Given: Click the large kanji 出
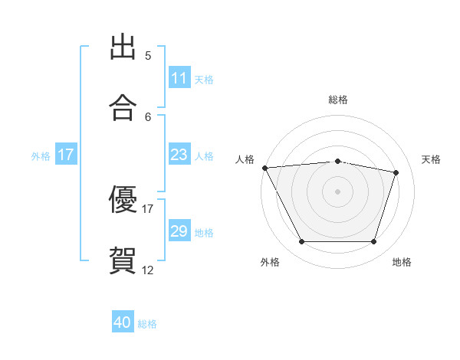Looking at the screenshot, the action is click(123, 47).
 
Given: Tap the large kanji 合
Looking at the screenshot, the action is click(123, 107).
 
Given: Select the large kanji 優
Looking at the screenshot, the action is click(123, 199).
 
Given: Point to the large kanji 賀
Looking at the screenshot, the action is click(123, 260).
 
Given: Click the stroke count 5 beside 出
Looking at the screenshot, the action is click(148, 56).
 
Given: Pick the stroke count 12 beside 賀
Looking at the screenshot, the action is click(147, 270).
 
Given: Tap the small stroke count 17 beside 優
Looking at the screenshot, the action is click(147, 209).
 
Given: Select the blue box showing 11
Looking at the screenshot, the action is click(179, 77).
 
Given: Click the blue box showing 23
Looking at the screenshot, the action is click(179, 154).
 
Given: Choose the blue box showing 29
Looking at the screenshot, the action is click(179, 230).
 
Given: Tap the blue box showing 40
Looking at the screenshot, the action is click(123, 321).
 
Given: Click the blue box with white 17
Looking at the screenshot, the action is click(66, 154).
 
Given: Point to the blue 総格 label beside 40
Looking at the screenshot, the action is click(147, 324).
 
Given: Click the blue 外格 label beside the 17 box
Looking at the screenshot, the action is click(41, 156).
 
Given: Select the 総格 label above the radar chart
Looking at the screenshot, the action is click(338, 100).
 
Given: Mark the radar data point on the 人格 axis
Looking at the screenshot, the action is click(265, 168).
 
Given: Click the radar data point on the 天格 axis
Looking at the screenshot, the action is click(396, 172).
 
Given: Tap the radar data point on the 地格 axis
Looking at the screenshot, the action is click(373, 241).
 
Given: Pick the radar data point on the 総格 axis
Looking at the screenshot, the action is click(337, 162).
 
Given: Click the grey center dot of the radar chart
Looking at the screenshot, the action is click(337, 191).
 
